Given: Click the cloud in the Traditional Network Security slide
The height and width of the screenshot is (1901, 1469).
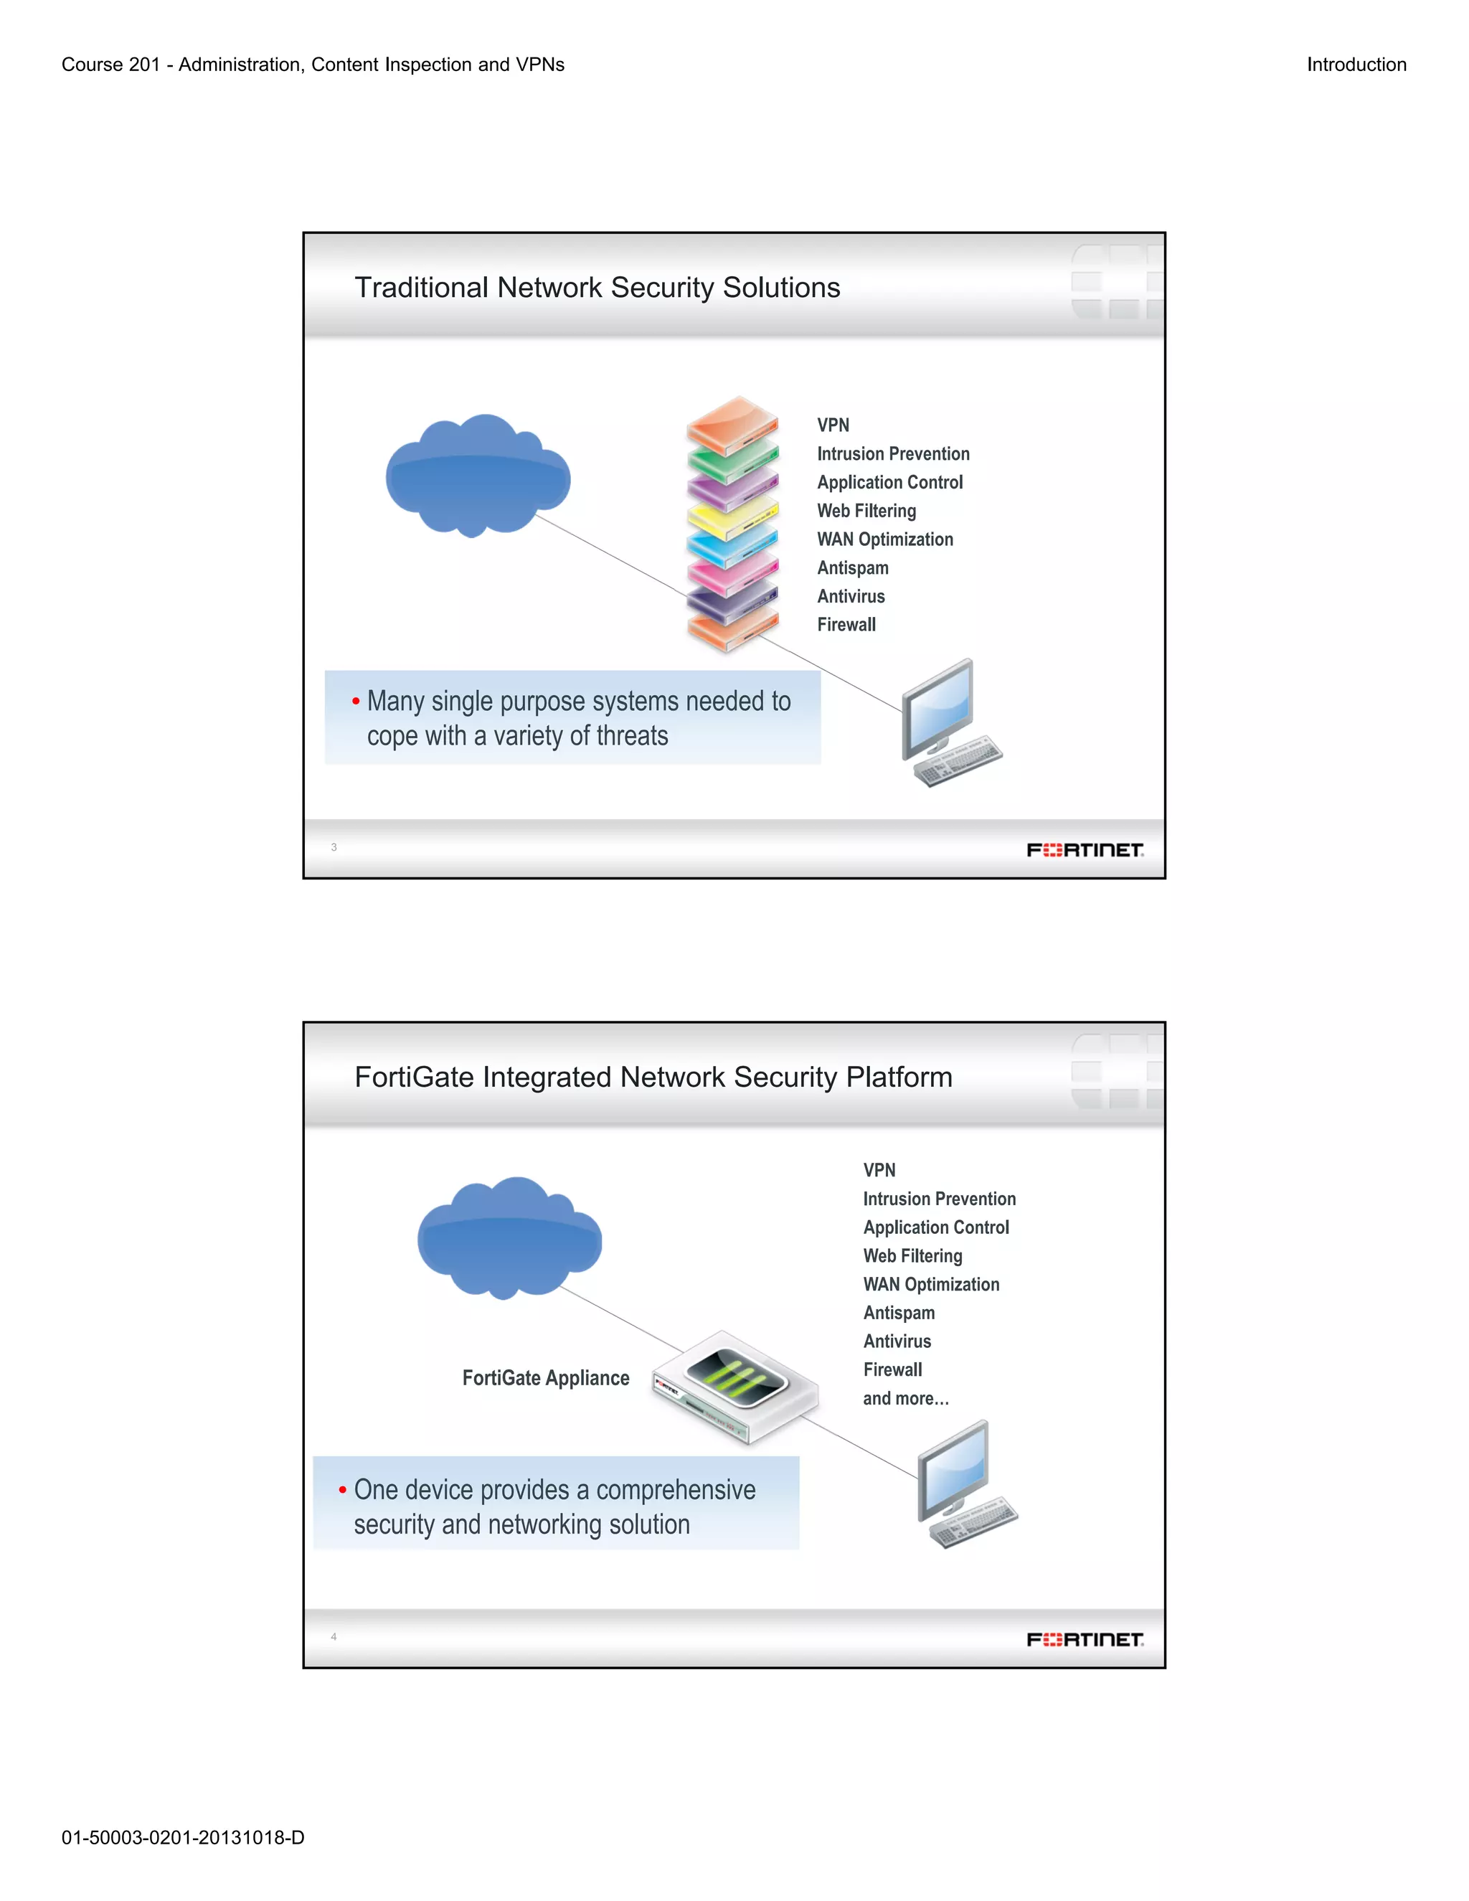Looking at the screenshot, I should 478,476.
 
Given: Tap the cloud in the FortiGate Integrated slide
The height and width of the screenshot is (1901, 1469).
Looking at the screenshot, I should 509,1239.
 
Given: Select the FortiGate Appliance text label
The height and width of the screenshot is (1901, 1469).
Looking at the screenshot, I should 546,1378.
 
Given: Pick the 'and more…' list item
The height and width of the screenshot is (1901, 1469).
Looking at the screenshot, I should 905,1399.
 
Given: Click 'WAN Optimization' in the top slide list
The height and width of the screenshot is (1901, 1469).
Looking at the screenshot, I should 885,539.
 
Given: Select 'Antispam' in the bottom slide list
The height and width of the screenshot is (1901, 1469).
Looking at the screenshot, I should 899,1313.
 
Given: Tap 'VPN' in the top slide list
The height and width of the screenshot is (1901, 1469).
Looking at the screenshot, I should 833,425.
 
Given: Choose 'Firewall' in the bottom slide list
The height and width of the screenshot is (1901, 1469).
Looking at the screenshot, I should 892,1370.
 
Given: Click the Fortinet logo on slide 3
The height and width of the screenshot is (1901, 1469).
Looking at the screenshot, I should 1085,849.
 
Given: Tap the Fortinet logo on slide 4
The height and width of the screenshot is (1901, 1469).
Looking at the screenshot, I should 1085,1639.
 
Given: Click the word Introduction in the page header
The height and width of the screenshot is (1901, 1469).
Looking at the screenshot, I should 1356,65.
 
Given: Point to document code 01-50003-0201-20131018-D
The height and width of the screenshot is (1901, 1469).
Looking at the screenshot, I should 183,1837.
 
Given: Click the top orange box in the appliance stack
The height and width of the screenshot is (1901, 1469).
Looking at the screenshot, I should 732,421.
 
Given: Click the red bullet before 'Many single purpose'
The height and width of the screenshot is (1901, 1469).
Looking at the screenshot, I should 356,701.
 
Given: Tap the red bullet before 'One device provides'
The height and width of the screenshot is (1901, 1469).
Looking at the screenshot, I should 343,1489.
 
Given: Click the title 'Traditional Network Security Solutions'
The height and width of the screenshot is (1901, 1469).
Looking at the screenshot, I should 597,287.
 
